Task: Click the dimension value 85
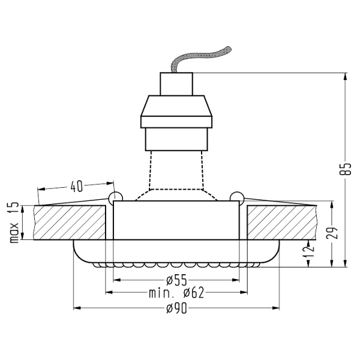[x=344, y=169]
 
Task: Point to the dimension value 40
[x=76, y=186]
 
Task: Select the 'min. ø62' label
[x=176, y=293]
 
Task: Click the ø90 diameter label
[x=176, y=308]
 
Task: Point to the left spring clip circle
[x=115, y=196]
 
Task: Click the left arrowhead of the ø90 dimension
[x=76, y=308]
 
